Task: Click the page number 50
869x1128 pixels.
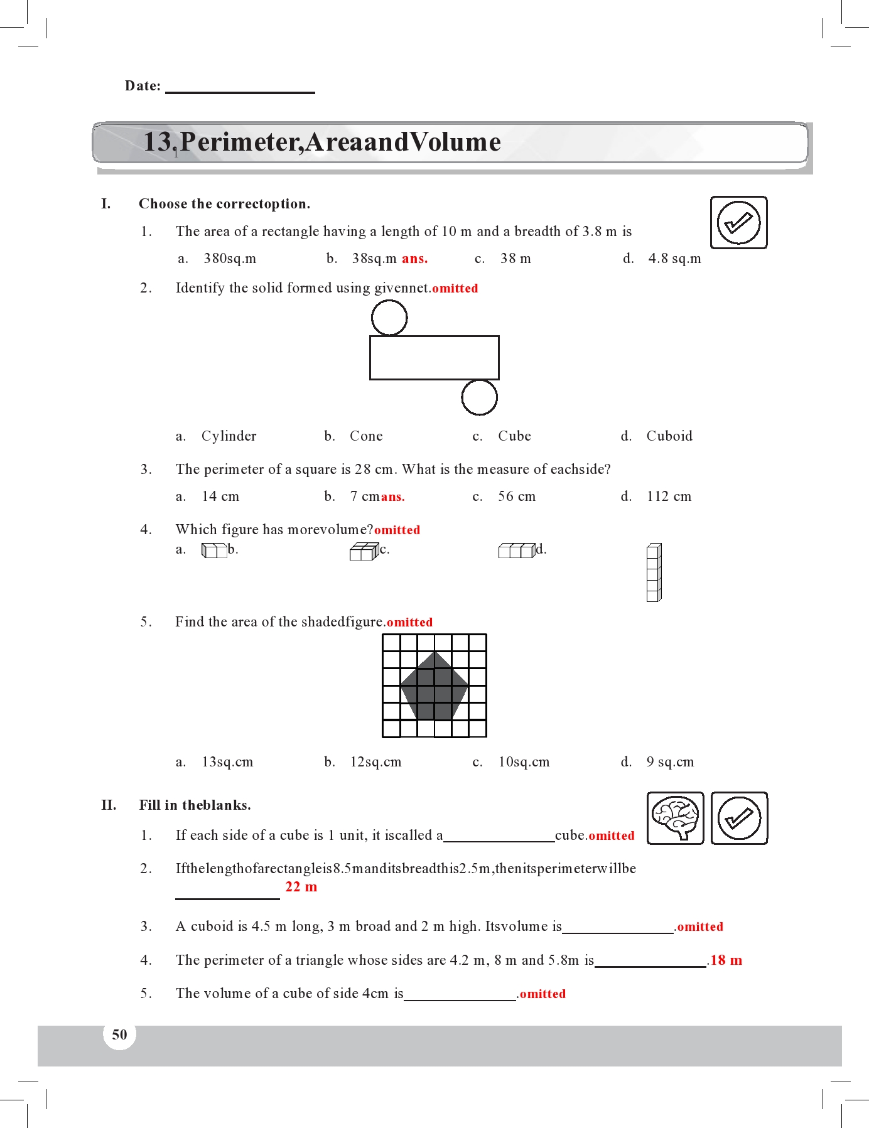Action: coord(119,1034)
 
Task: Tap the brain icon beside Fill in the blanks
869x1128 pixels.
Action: coord(675,818)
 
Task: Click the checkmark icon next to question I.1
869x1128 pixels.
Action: coord(738,222)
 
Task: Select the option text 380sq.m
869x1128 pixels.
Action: coord(230,259)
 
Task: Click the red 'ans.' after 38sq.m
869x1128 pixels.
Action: coord(414,259)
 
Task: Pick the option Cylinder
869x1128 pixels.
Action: coord(229,436)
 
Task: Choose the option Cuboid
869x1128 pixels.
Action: coord(669,436)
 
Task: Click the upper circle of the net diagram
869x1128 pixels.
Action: coord(389,318)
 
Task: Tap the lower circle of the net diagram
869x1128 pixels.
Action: coord(479,397)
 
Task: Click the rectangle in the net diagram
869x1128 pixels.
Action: coord(434,358)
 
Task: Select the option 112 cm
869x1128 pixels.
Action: coord(669,497)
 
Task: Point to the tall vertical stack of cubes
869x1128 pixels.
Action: coord(654,572)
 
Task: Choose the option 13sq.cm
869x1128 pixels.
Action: coord(227,762)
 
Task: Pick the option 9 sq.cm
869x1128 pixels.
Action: coord(670,762)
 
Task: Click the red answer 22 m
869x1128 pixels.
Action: coord(301,887)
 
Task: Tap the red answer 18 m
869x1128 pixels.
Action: coord(726,960)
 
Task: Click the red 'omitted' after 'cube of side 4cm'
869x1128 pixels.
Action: coord(542,994)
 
